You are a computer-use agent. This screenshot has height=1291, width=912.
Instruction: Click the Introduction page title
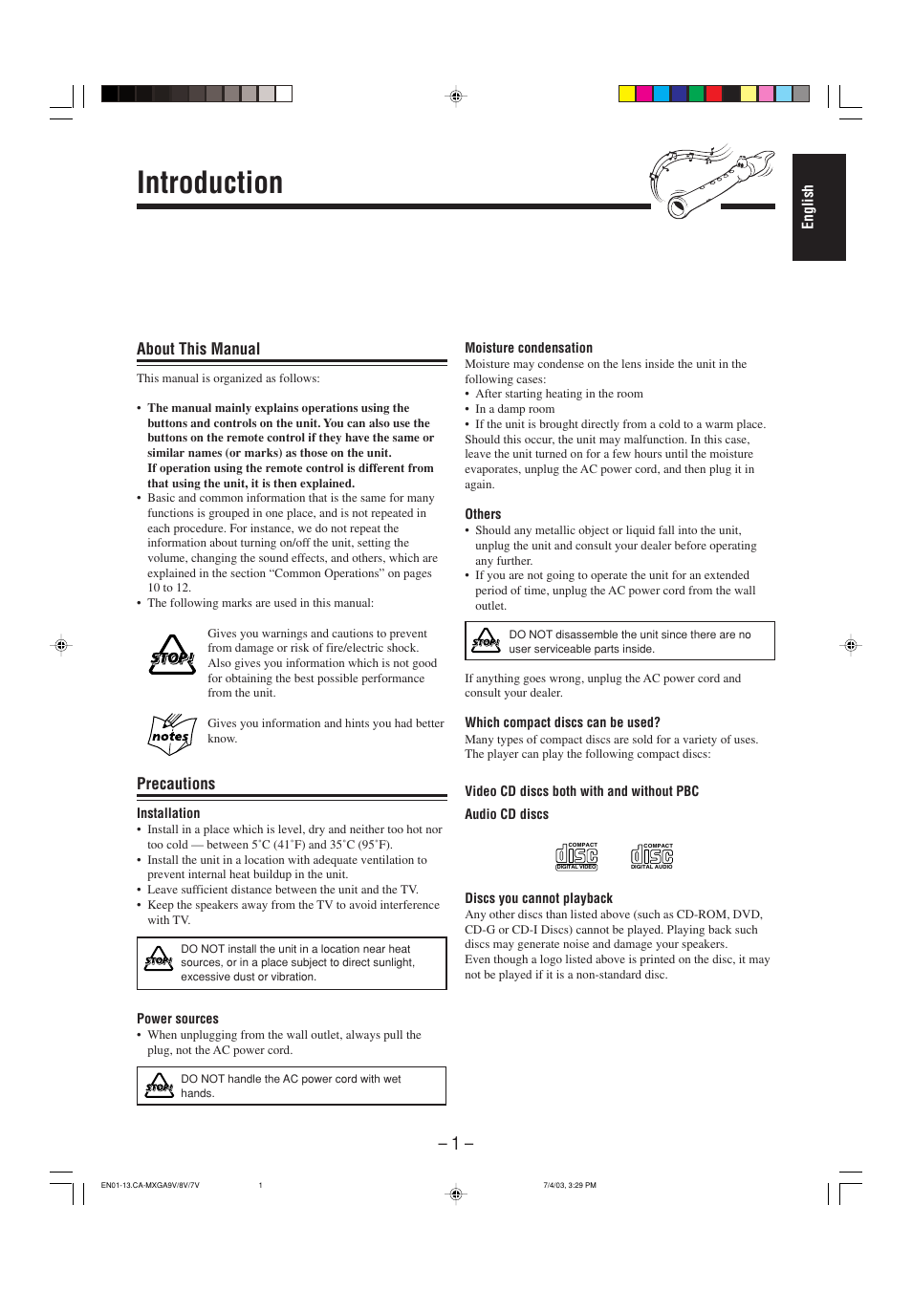click(x=209, y=183)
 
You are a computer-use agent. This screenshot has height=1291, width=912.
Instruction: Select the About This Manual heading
click(x=198, y=349)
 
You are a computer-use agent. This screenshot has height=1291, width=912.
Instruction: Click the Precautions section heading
click(x=176, y=784)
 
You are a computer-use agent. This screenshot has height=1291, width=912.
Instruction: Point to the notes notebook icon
click(x=171, y=734)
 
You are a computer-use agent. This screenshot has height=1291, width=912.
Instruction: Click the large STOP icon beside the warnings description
click(x=172, y=656)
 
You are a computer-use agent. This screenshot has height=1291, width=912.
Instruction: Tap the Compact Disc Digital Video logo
click(x=576, y=856)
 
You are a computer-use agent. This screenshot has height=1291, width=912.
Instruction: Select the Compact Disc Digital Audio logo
click(x=652, y=856)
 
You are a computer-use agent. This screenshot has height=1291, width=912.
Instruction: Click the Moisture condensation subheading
click(x=528, y=348)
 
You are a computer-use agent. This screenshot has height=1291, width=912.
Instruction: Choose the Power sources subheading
click(x=177, y=1019)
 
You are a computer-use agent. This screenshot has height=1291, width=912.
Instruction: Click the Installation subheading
click(x=168, y=813)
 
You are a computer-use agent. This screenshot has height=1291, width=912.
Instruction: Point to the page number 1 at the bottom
click(x=456, y=1143)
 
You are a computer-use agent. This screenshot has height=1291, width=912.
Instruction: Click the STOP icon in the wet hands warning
click(x=159, y=1086)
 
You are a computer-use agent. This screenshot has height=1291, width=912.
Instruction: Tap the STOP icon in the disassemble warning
click(x=486, y=640)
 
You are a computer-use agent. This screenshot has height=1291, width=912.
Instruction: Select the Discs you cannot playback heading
click(x=538, y=898)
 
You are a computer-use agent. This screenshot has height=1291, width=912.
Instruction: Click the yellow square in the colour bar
click(x=627, y=94)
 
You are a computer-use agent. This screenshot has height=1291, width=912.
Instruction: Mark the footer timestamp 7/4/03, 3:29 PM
click(x=569, y=1185)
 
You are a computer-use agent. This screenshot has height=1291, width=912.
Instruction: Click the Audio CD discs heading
click(x=507, y=814)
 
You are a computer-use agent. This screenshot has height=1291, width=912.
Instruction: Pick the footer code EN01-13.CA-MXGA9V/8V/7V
click(x=150, y=1185)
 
